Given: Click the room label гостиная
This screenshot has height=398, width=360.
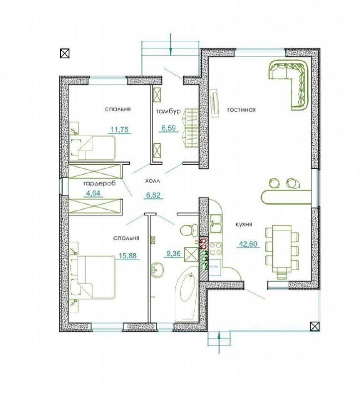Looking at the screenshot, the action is tap(241, 110).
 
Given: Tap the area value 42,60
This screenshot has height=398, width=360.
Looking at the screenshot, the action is tap(248, 244).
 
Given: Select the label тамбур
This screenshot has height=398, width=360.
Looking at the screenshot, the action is tap(168, 111).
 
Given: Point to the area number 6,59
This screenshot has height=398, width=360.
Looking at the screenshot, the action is tap(169, 128).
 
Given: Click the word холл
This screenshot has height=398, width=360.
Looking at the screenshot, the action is tap(153, 181).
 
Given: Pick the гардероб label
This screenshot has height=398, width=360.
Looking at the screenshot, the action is tap(100, 183).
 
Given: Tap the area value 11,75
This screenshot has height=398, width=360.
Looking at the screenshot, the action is tap(119, 130).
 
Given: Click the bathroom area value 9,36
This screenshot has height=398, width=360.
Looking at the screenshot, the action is tap(173, 253).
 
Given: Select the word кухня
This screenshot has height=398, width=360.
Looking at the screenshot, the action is tap(244, 225).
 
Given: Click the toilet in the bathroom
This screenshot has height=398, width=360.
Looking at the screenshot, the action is tap(189, 230).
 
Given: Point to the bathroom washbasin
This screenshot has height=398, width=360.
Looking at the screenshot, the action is tap(157, 270).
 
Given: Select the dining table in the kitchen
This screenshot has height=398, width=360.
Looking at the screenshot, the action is tap(282, 248).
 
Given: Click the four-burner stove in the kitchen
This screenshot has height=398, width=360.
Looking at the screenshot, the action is tap(216, 248).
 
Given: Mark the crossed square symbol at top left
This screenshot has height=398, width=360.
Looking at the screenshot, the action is tap(65, 53).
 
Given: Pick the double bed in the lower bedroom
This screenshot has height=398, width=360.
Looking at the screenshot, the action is tap(93, 277).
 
